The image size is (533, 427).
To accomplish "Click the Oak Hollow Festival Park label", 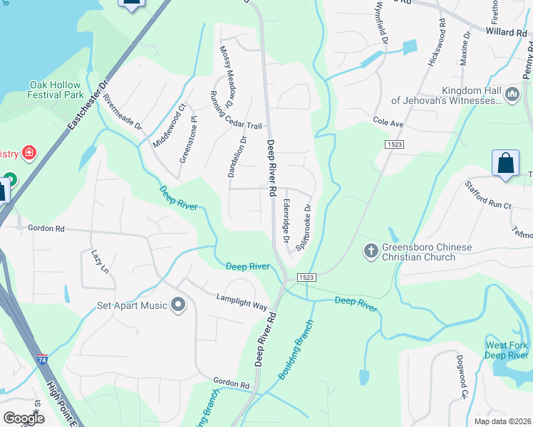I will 56,89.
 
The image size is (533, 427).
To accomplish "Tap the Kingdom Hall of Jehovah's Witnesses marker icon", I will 512,95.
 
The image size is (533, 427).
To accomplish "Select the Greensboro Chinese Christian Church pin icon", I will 371,251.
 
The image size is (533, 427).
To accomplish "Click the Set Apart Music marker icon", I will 178,306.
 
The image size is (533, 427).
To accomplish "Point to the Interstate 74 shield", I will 43,360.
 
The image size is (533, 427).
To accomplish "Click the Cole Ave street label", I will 388,122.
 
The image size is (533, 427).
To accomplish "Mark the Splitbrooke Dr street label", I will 305,226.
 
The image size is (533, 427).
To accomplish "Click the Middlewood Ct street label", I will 169,126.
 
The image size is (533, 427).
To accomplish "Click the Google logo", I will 24,418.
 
